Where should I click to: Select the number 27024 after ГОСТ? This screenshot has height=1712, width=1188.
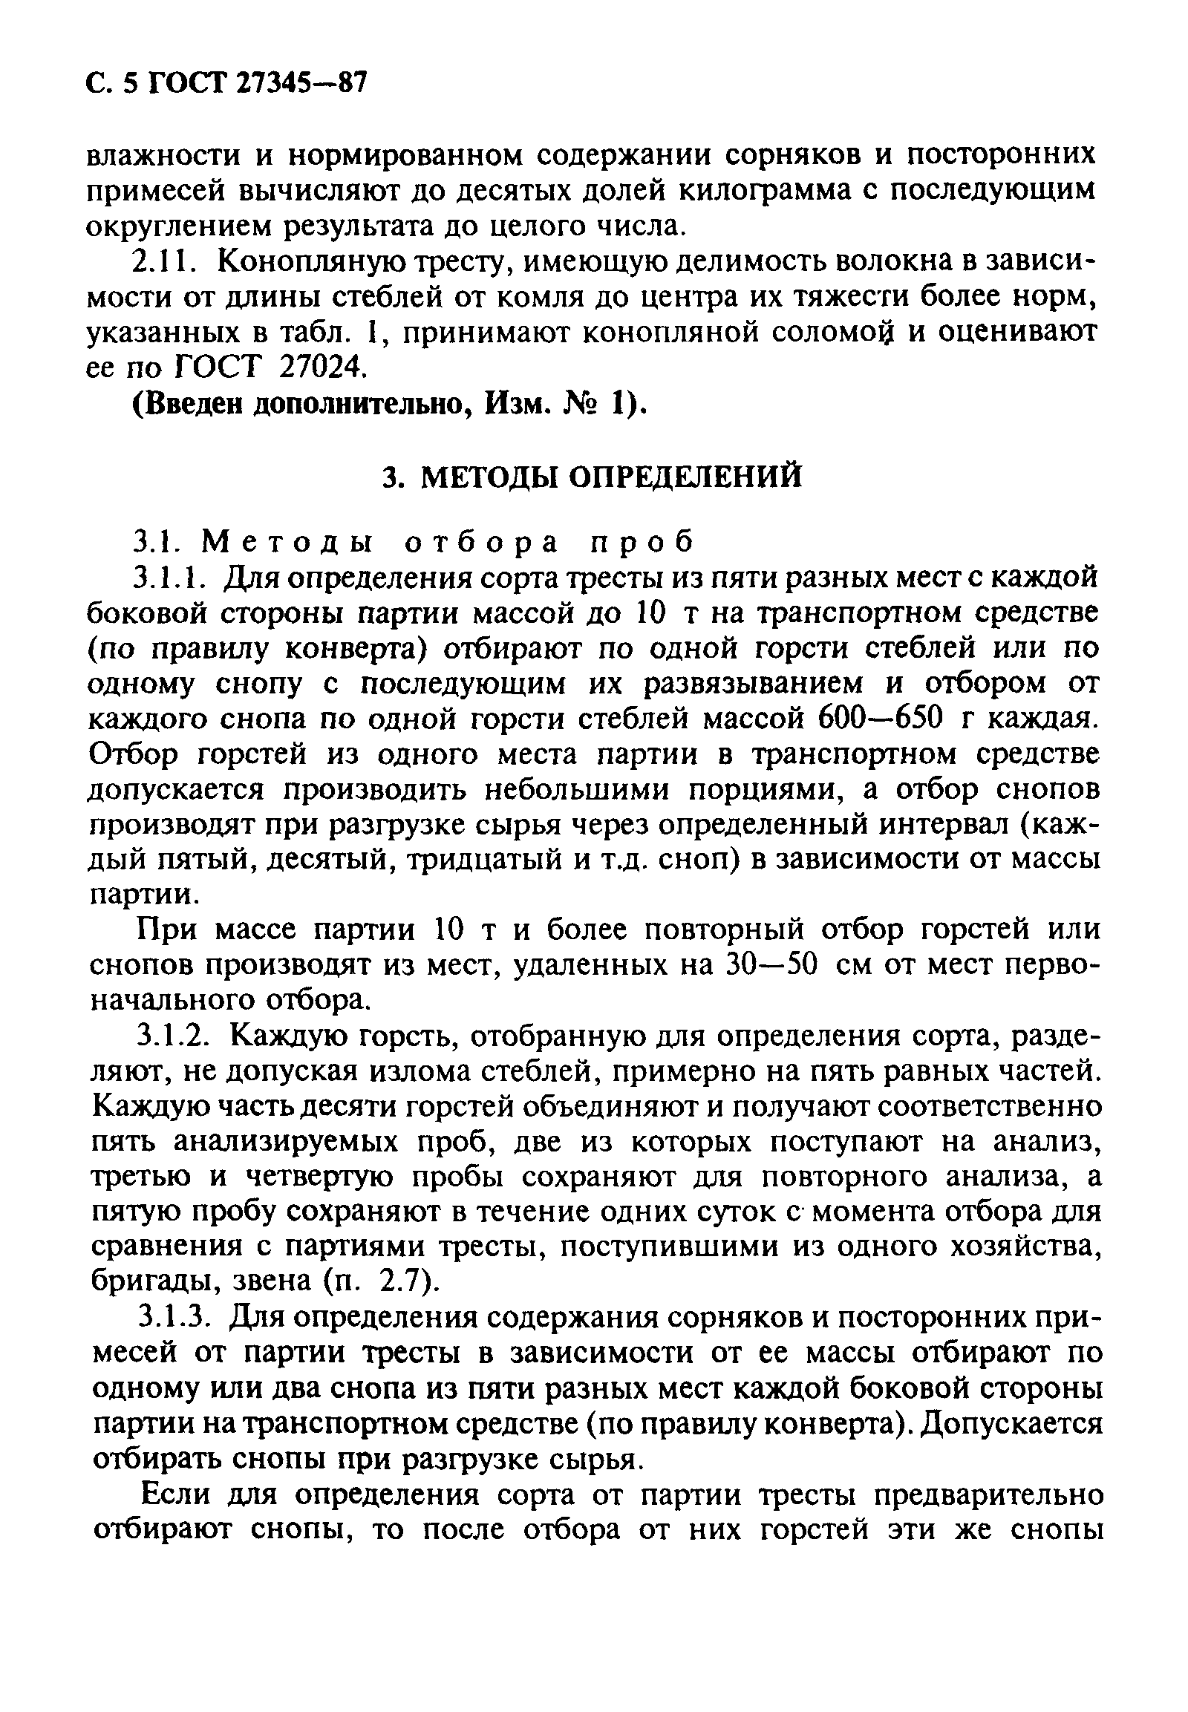coord(327,366)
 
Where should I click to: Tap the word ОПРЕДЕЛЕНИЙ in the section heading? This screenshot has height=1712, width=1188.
coord(685,477)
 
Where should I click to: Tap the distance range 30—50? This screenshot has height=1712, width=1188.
coord(771,965)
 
